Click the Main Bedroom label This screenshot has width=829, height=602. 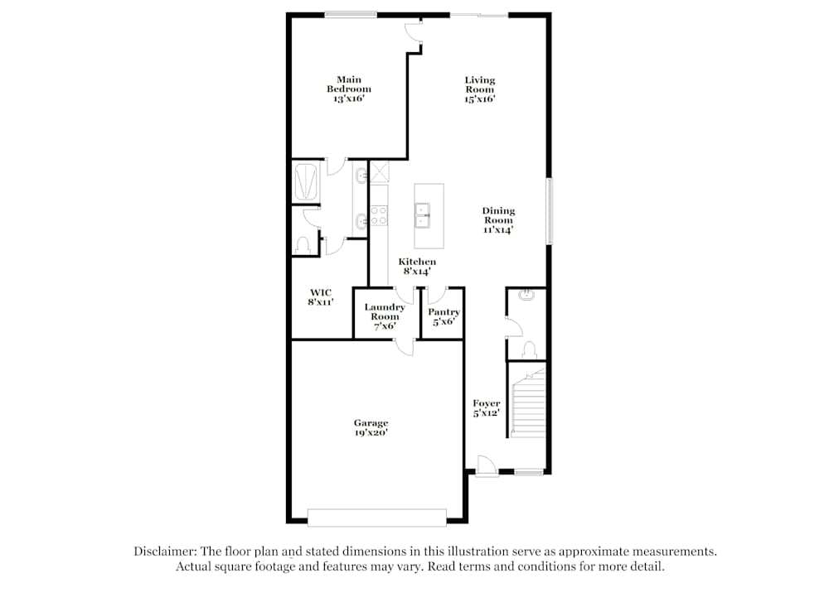(348, 89)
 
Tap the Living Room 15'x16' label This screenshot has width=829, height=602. (479, 89)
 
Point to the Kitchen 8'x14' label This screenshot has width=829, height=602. (417, 266)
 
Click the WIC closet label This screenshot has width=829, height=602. (320, 297)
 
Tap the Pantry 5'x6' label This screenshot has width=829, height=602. (444, 316)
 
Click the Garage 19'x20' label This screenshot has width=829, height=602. (370, 427)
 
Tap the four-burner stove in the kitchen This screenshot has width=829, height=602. (379, 215)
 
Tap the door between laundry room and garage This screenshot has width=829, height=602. (404, 345)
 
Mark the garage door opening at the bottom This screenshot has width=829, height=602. (376, 518)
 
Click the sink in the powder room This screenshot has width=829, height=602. (526, 295)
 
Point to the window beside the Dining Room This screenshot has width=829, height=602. (548, 210)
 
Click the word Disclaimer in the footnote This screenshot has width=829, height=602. (161, 551)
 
